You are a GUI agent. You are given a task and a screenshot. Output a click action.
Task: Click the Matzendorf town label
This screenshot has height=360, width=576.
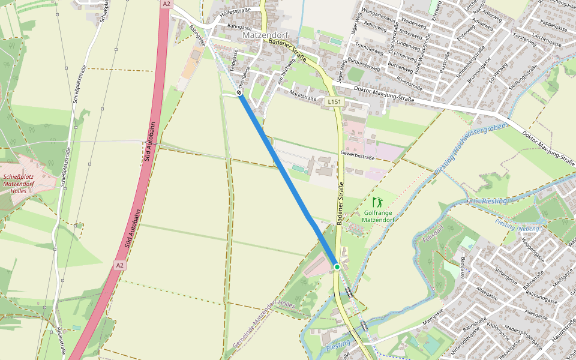pos(266,35)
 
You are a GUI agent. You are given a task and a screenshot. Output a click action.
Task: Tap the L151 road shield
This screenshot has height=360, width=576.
pos(335,103)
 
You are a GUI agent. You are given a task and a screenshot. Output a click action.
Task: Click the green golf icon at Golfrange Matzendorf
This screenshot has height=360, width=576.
pos(377,202)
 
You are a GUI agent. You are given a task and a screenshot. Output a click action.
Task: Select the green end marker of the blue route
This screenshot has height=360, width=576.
pos(337,266)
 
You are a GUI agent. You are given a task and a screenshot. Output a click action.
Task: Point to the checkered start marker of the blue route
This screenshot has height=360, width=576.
pos(239,93)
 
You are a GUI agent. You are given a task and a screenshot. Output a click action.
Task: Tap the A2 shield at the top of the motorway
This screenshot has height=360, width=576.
pos(166,4)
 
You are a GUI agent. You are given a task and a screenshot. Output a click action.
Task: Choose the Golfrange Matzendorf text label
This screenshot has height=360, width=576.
pos(378,216)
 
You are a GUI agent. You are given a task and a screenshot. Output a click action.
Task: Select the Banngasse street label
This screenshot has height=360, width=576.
pos(239,28)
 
